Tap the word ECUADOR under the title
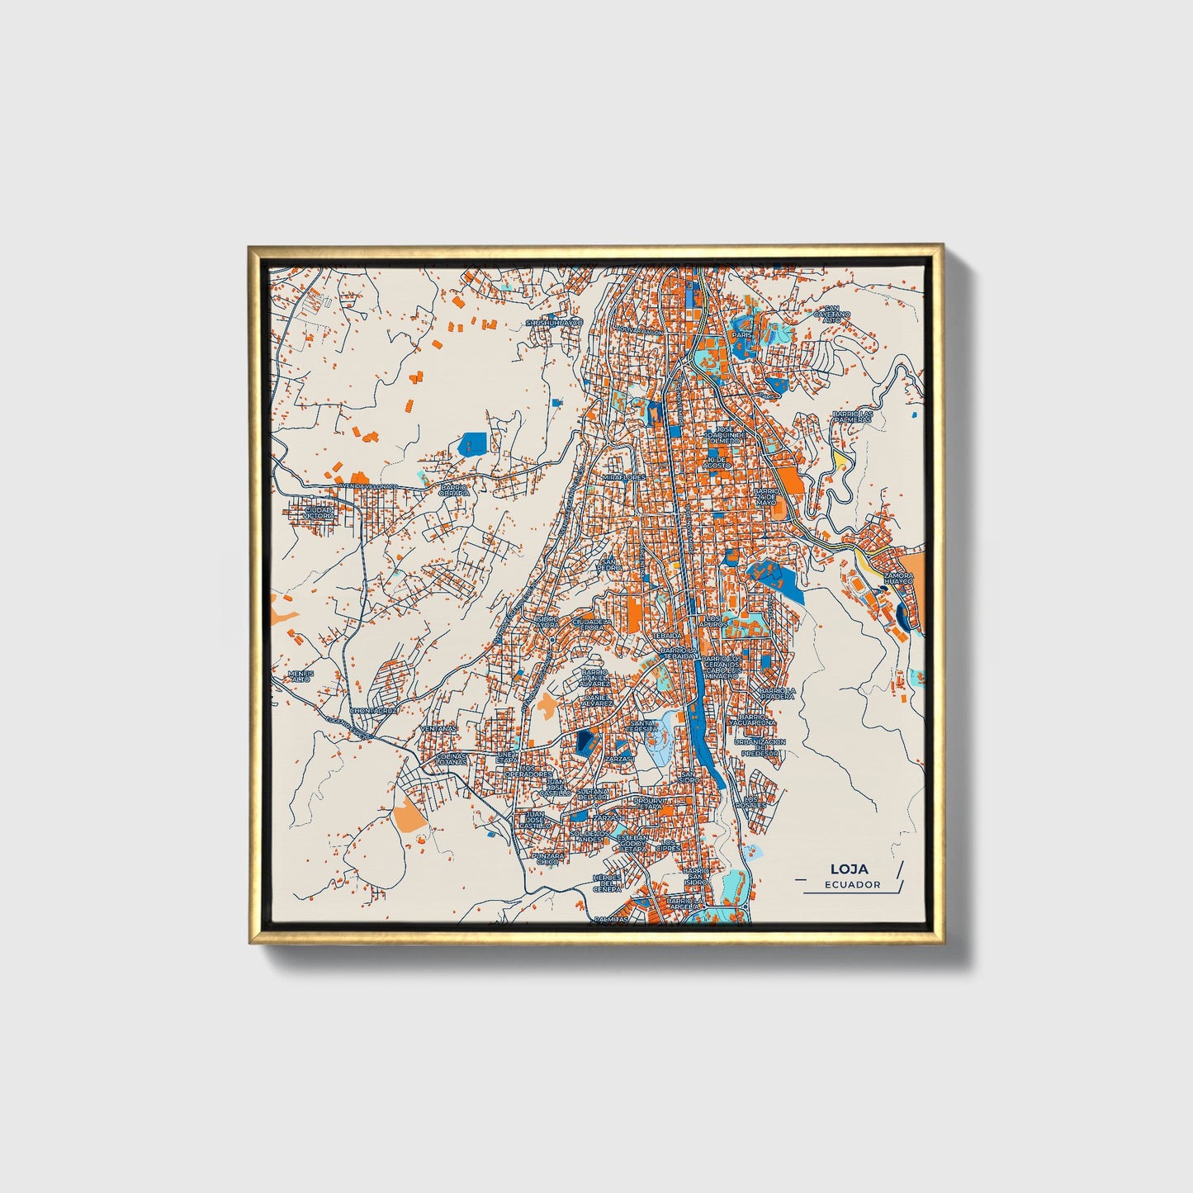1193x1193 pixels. (x=852, y=884)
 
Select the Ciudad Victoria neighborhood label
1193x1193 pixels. (x=320, y=513)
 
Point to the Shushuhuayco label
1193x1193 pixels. (x=554, y=322)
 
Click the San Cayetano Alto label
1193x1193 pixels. (x=831, y=315)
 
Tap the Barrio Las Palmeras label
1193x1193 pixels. (x=852, y=416)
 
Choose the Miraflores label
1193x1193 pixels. (x=623, y=478)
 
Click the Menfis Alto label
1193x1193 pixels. (x=301, y=675)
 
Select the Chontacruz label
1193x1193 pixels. (x=374, y=710)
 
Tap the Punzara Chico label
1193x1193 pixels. (x=548, y=859)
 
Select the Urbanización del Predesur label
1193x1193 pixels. (x=760, y=747)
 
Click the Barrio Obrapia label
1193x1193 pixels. (x=454, y=490)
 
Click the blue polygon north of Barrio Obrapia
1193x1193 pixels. (x=472, y=443)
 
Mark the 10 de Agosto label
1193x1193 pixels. (x=716, y=462)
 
